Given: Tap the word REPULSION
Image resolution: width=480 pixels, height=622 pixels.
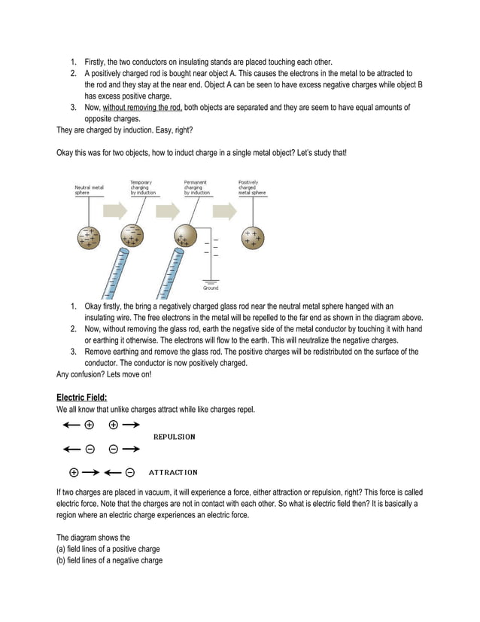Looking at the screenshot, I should coord(175,437).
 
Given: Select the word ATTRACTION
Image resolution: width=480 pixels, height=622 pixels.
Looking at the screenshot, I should coord(173,473).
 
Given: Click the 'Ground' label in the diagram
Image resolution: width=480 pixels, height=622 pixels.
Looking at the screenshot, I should coord(211,288).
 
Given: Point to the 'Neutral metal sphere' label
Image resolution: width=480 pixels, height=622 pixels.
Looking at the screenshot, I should coord(89,189).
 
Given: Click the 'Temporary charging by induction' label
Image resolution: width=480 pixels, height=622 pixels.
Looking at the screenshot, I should coord(143,188).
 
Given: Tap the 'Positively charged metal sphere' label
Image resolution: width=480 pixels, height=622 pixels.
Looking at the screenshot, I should coord(252,188).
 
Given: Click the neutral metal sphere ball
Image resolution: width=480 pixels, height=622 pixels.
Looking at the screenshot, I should coord(89,237).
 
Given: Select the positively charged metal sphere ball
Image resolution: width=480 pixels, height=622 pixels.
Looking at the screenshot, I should coord(253,237).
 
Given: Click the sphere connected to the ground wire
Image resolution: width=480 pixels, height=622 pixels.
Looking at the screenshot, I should coord(185,236).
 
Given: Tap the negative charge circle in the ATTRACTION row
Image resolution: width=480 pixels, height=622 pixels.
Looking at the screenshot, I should coord(130,473).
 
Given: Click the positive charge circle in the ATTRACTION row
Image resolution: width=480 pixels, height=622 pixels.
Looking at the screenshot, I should coord(74,473).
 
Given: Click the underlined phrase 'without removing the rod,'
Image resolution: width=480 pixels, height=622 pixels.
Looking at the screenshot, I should coord(143,108).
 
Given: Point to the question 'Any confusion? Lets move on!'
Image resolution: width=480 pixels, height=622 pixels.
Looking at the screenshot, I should coord(104,374).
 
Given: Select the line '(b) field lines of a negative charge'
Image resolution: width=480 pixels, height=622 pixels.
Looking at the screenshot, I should coord(109,560).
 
